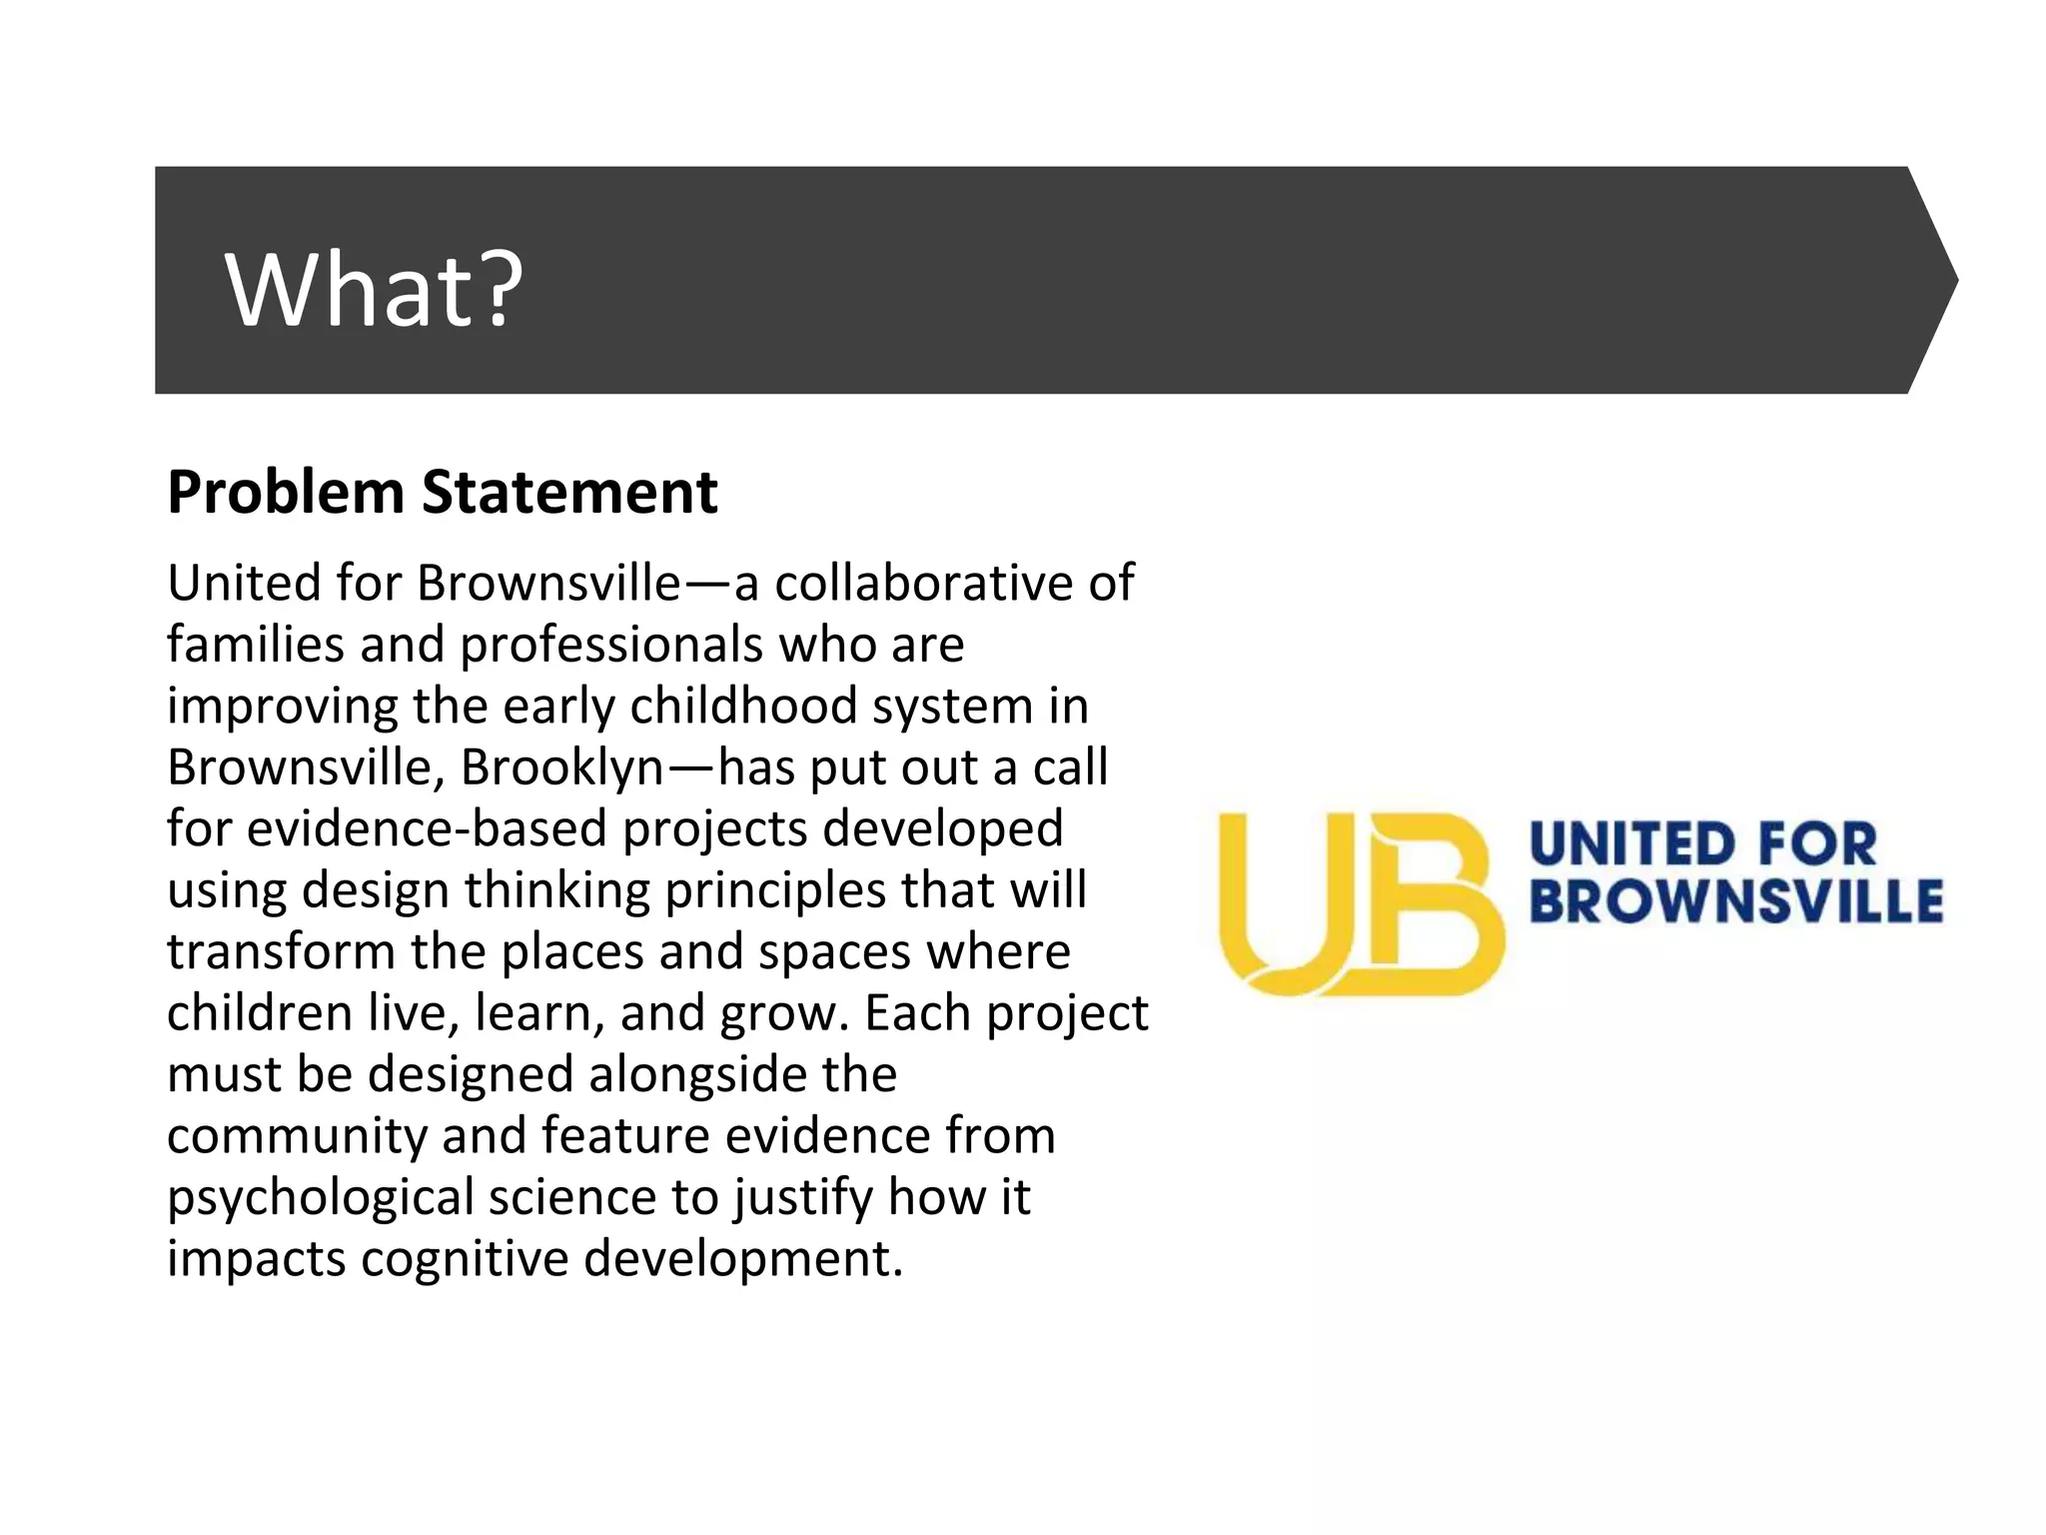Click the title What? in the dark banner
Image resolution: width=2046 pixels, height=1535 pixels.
pos(374,290)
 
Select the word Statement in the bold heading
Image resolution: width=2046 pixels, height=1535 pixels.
pos(569,493)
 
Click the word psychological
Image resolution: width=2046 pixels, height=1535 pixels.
pos(320,1198)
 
